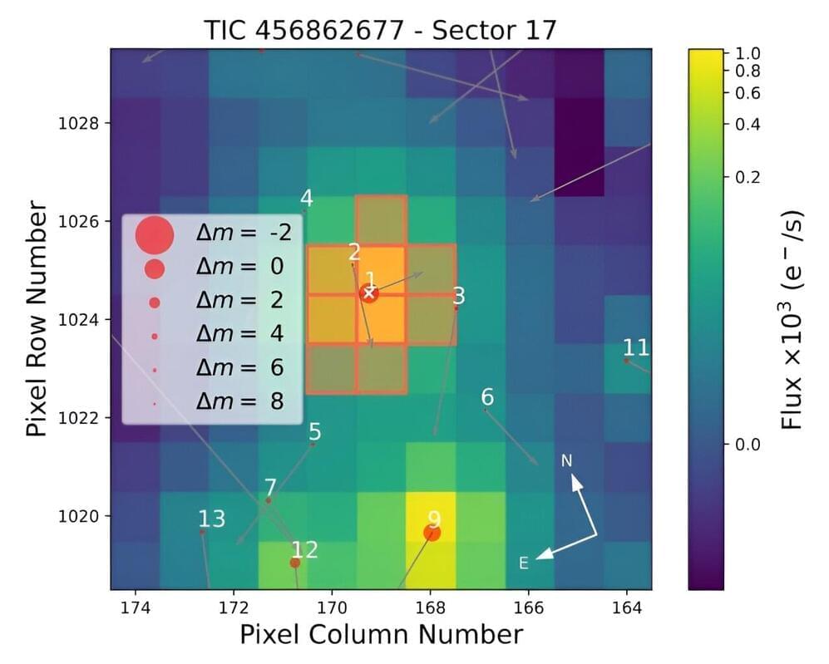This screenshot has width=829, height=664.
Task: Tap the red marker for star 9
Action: click(432, 533)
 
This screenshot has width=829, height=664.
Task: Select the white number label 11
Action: click(636, 347)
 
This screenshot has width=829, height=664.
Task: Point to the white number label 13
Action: click(211, 519)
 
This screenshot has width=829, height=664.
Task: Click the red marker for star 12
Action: click(294, 563)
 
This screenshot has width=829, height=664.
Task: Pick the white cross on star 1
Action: click(369, 293)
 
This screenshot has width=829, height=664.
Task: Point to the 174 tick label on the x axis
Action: click(135, 608)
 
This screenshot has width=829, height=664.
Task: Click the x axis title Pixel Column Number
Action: click(381, 635)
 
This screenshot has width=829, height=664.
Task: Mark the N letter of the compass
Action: click(566, 460)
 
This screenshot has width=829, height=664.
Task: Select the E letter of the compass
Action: click(524, 563)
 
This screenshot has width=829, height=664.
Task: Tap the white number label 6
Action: click(487, 396)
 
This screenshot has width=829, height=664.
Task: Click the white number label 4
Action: click(307, 199)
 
